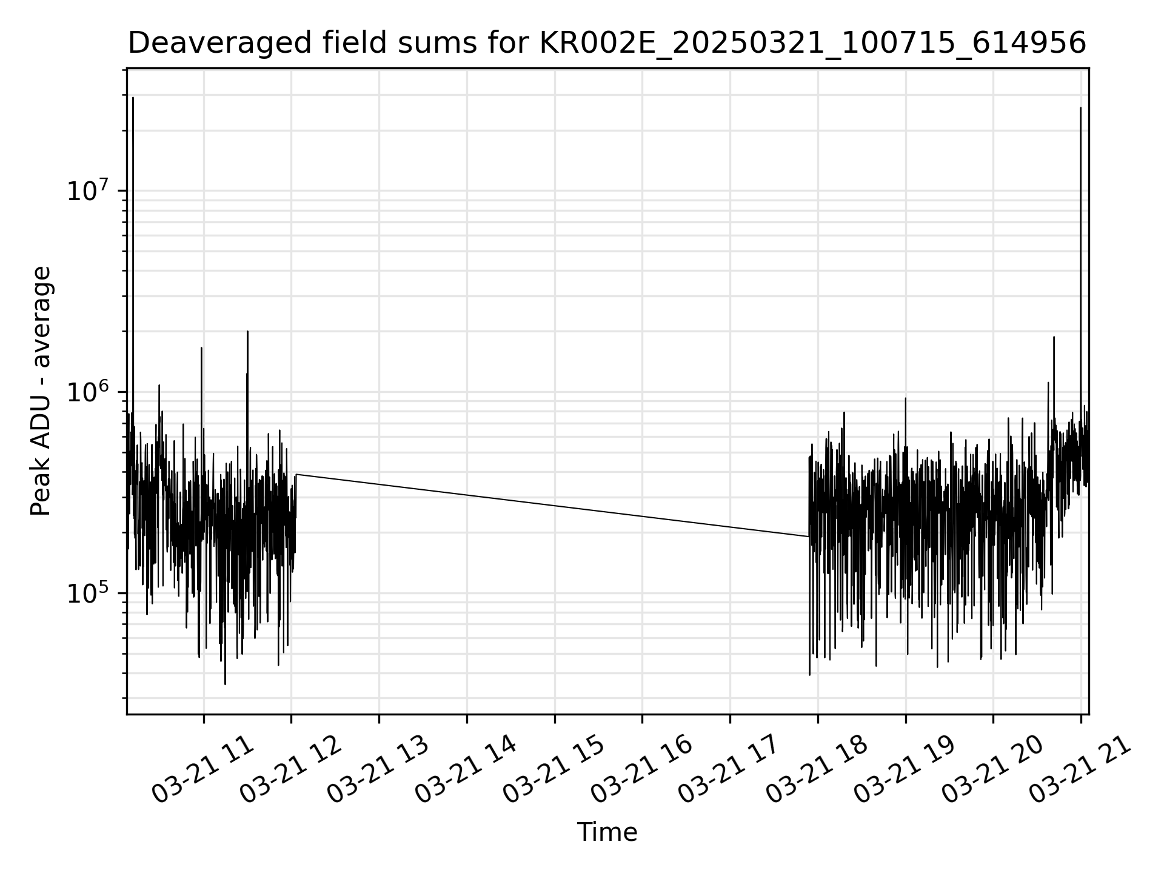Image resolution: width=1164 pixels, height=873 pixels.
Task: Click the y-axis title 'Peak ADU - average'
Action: (41, 391)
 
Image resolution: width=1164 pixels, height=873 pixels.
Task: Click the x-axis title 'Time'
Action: (607, 832)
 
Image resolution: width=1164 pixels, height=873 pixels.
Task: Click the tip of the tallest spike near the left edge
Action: (133, 97)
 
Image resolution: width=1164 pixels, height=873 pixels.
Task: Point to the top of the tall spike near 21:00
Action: (1080, 108)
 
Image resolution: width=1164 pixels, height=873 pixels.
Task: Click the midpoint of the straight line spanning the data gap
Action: (552, 506)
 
